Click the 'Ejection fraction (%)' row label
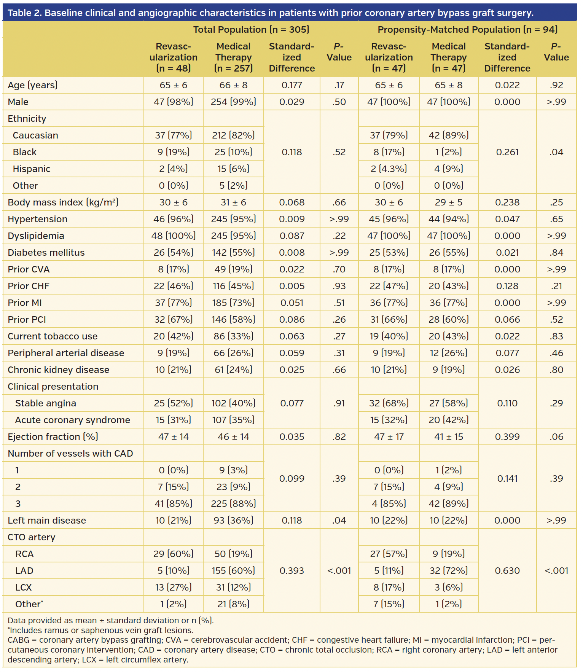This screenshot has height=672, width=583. point(53,436)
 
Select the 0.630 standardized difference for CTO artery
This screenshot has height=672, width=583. point(507,570)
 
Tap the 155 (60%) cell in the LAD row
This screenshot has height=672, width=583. point(233,570)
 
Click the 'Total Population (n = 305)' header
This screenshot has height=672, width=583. point(251,29)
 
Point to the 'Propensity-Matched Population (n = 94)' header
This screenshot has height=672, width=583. point(467,29)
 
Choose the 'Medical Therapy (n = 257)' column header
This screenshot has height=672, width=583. point(233,57)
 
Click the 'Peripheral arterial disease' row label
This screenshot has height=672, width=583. point(66,353)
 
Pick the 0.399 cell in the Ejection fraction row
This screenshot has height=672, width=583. point(507,436)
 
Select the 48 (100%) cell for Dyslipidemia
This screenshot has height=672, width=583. point(174,236)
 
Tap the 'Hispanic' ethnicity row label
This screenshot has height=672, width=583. point(32,169)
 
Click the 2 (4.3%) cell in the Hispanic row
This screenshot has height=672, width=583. point(389,169)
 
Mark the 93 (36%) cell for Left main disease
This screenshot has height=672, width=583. point(233,520)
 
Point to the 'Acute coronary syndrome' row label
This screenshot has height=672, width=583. point(72,420)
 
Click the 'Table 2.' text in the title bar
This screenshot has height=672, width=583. point(24,13)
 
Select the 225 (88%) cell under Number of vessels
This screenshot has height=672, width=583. point(233,503)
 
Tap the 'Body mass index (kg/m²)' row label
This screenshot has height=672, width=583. point(63,202)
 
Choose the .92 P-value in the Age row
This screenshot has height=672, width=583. point(556,85)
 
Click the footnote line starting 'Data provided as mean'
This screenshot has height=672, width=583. point(110,620)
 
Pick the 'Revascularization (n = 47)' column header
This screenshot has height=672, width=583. point(389,57)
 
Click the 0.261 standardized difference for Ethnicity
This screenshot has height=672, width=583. point(507,152)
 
